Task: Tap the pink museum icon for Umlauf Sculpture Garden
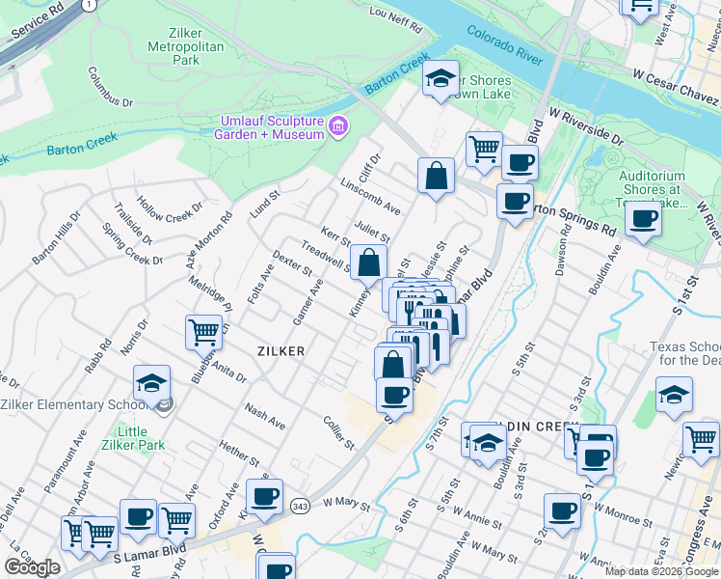coord(337,125)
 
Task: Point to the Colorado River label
coord(505,45)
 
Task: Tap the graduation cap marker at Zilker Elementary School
coord(150,385)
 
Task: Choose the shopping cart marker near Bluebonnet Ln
coord(204,333)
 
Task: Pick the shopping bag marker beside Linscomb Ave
coord(436,176)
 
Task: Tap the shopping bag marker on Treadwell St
coord(368,262)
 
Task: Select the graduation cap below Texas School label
coord(674,396)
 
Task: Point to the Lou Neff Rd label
coord(396,20)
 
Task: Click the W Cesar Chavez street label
coord(675,88)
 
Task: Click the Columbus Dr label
coord(110,87)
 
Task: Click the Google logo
coord(33,567)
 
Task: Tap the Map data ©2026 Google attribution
coord(660,571)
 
